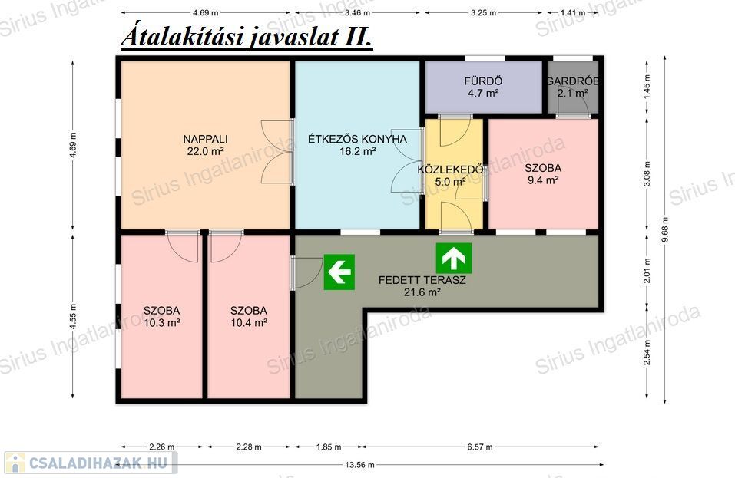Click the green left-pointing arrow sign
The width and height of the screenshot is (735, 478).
pyautogui.click(x=339, y=272)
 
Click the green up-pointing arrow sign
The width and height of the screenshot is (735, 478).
pyautogui.click(x=454, y=258)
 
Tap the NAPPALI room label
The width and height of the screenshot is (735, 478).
pyautogui.click(x=205, y=139)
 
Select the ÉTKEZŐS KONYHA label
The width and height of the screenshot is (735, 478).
pyautogui.click(x=357, y=139)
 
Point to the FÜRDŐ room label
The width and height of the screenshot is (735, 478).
pyautogui.click(x=483, y=81)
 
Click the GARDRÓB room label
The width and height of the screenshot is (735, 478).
pyautogui.click(x=573, y=81)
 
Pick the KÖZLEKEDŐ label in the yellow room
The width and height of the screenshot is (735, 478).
pyautogui.click(x=451, y=169)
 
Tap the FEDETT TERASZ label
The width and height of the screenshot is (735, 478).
pyautogui.click(x=422, y=281)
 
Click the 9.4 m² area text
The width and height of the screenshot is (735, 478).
pyautogui.click(x=543, y=180)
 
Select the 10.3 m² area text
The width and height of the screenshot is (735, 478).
pyautogui.click(x=162, y=322)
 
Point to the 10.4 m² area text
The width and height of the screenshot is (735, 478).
pyautogui.click(x=249, y=322)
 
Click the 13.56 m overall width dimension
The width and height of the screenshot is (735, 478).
pyautogui.click(x=360, y=465)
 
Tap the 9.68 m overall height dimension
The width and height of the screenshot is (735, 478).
pyautogui.click(x=664, y=230)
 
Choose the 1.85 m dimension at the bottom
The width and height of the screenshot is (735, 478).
pyautogui.click(x=329, y=447)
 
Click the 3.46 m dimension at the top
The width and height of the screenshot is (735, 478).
pyautogui.click(x=357, y=12)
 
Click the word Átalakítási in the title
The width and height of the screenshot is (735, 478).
pyautogui.click(x=182, y=37)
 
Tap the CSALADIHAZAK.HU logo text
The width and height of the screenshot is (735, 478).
pyautogui.click(x=98, y=463)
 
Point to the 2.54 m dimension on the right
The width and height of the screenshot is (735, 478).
pyautogui.click(x=647, y=352)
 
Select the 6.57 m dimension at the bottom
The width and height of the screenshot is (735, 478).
pyautogui.click(x=480, y=447)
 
